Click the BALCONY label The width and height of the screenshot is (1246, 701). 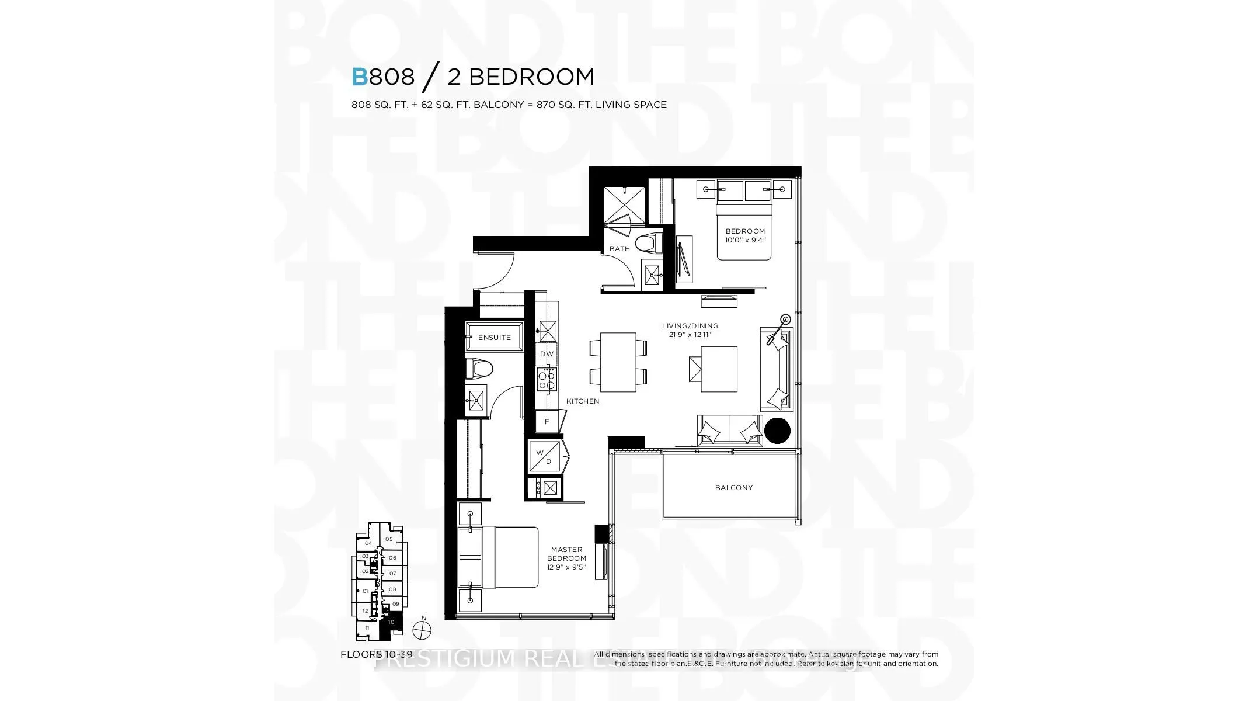pos(733,488)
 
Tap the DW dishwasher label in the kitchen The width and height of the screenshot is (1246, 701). pos(547,354)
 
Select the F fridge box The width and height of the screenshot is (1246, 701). pos(547,422)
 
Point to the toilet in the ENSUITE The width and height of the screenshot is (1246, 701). pos(479,369)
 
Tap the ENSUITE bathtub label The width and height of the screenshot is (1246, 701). pos(494,338)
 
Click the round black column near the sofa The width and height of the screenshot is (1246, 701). pos(777,431)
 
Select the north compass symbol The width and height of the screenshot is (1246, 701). pos(421,630)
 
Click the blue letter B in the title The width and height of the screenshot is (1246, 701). pos(359,77)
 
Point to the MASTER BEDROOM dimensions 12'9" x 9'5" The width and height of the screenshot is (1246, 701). pos(566,567)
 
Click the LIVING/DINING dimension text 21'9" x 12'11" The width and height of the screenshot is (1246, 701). pos(690,335)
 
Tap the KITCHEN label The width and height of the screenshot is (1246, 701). pos(582,401)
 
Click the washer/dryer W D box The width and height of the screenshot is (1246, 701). pos(544,457)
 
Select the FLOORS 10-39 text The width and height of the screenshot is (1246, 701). pos(377,654)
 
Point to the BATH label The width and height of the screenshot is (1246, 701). pos(619,249)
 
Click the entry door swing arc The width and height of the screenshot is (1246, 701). pos(496,272)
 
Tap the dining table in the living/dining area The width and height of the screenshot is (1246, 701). pos(618,363)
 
